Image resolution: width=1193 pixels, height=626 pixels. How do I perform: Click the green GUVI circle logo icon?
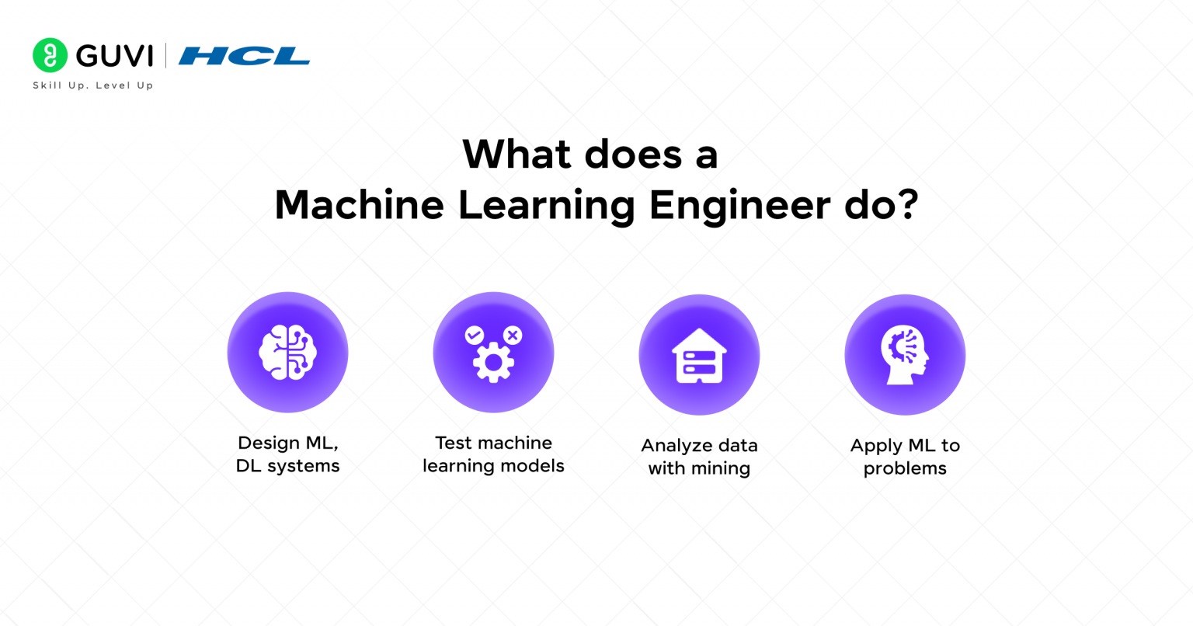[x=50, y=56]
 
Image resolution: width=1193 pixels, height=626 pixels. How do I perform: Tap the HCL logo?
[x=244, y=56]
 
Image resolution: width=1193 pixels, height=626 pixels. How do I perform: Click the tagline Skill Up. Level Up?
[x=92, y=85]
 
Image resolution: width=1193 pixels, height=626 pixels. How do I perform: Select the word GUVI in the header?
[x=115, y=56]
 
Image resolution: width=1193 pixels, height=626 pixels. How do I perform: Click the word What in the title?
[x=517, y=154]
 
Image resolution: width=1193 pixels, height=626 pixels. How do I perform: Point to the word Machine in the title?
[x=359, y=205]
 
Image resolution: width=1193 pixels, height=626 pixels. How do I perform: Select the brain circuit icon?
[x=287, y=353]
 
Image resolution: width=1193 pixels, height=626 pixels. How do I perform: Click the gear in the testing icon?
[x=493, y=363]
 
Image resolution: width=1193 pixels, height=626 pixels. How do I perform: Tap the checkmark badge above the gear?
[x=474, y=336]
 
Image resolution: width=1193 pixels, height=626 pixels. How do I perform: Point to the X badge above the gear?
[x=513, y=336]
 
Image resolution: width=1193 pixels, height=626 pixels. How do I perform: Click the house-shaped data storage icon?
[x=699, y=356]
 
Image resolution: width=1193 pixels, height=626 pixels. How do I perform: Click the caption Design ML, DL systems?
[x=287, y=454]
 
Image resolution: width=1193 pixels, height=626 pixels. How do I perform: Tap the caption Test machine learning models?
[x=493, y=454]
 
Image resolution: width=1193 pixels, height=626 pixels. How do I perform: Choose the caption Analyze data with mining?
[x=699, y=457]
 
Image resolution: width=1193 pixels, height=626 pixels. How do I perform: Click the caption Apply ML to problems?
[x=905, y=457]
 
